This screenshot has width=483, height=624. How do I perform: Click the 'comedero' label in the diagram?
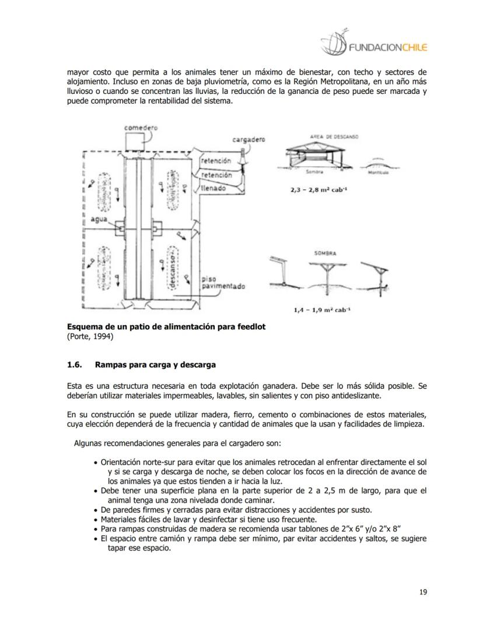pos(141,126)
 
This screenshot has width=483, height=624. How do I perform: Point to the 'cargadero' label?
pos(249,140)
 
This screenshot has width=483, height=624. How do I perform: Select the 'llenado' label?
pos(214,189)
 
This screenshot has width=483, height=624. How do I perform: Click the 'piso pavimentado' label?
pos(223,283)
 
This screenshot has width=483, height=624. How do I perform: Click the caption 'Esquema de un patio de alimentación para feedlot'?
pos(166,327)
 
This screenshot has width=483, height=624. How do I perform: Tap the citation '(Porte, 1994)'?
pos(90,336)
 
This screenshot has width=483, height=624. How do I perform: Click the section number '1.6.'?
pos(75,365)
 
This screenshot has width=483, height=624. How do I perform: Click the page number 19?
pos(423,593)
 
